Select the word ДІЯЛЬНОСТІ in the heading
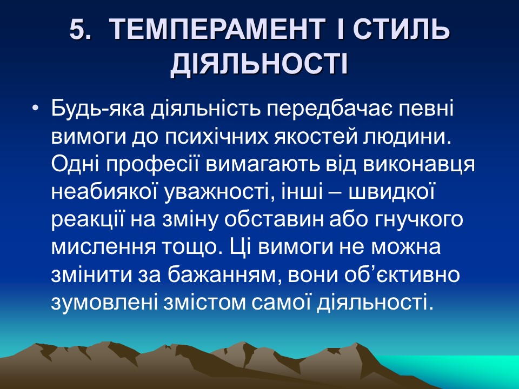(259, 65)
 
